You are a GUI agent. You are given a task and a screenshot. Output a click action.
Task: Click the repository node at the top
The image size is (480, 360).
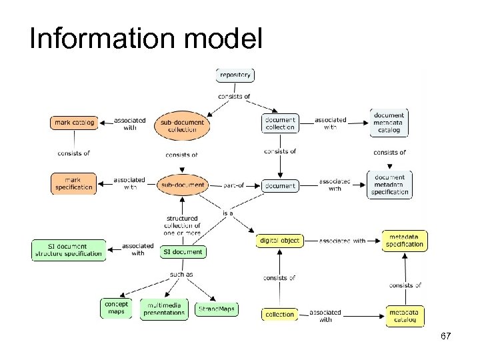(x=235, y=75)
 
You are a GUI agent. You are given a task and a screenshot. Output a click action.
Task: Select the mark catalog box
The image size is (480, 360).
(x=74, y=123)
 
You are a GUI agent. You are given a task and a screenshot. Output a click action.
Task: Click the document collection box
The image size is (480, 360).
(x=280, y=123)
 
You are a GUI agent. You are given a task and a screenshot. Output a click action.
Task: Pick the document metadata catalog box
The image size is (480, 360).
(x=389, y=123)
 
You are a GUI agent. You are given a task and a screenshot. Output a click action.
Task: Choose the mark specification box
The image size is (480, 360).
(x=73, y=183)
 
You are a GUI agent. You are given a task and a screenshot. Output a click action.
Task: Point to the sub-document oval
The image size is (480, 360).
(x=183, y=185)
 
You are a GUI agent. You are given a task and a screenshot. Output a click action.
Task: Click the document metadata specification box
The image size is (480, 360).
(x=389, y=184)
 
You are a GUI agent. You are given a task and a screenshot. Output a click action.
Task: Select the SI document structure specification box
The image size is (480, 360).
(x=69, y=250)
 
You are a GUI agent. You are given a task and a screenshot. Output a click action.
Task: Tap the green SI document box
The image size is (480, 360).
(x=183, y=252)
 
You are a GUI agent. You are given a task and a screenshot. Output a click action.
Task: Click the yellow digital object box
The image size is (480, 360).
(x=279, y=241)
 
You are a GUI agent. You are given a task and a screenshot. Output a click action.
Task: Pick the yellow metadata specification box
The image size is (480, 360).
(x=404, y=241)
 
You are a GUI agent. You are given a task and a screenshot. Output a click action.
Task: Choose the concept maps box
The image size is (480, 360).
(x=116, y=308)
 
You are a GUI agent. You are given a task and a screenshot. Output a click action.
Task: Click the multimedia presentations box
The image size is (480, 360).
(x=164, y=309)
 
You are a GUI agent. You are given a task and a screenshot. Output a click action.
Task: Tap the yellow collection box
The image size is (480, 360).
(x=279, y=314)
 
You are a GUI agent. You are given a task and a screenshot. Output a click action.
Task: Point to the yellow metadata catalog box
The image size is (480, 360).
(x=405, y=315)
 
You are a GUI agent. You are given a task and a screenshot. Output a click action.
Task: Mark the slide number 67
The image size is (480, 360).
(x=446, y=337)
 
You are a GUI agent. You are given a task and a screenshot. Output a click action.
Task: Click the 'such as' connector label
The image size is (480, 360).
(x=181, y=274)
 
